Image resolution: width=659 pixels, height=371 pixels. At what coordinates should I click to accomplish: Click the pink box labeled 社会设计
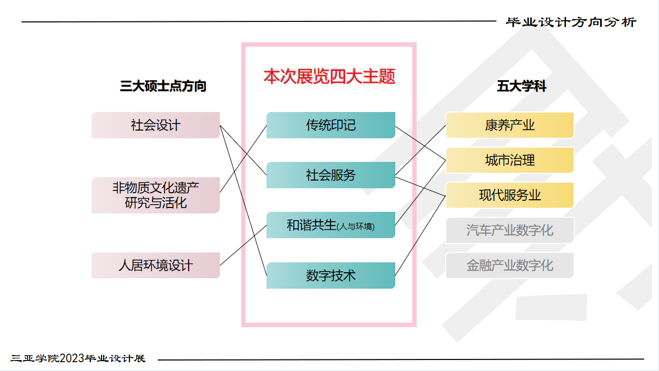155,125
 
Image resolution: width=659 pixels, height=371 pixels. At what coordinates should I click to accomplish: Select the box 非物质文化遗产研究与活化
155,195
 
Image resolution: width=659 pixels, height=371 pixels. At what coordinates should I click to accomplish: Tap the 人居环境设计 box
155,266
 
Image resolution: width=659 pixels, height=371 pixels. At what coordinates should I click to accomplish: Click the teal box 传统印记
331,125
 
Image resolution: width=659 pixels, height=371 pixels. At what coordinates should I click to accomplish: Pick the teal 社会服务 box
331,175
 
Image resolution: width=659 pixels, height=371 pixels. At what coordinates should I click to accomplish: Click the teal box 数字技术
331,276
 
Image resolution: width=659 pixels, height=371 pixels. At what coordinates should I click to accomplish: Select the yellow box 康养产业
509,125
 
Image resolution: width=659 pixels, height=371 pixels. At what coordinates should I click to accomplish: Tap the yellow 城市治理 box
509,160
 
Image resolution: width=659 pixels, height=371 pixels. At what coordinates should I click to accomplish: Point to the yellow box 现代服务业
509,195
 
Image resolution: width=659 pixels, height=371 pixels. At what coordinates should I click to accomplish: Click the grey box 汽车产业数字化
509,230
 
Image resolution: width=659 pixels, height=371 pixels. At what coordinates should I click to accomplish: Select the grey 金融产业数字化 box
509,266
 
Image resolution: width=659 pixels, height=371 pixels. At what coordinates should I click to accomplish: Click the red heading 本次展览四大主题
329,76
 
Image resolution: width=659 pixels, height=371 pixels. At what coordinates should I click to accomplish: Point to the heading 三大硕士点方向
163,86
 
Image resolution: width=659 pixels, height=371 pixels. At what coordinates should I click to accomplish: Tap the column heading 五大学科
521,86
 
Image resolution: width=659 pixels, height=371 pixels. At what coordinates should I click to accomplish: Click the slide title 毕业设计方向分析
570,22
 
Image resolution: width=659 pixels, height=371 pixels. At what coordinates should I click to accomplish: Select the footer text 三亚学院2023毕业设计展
78,358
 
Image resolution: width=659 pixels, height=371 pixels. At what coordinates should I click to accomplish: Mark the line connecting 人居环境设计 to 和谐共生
243,245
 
